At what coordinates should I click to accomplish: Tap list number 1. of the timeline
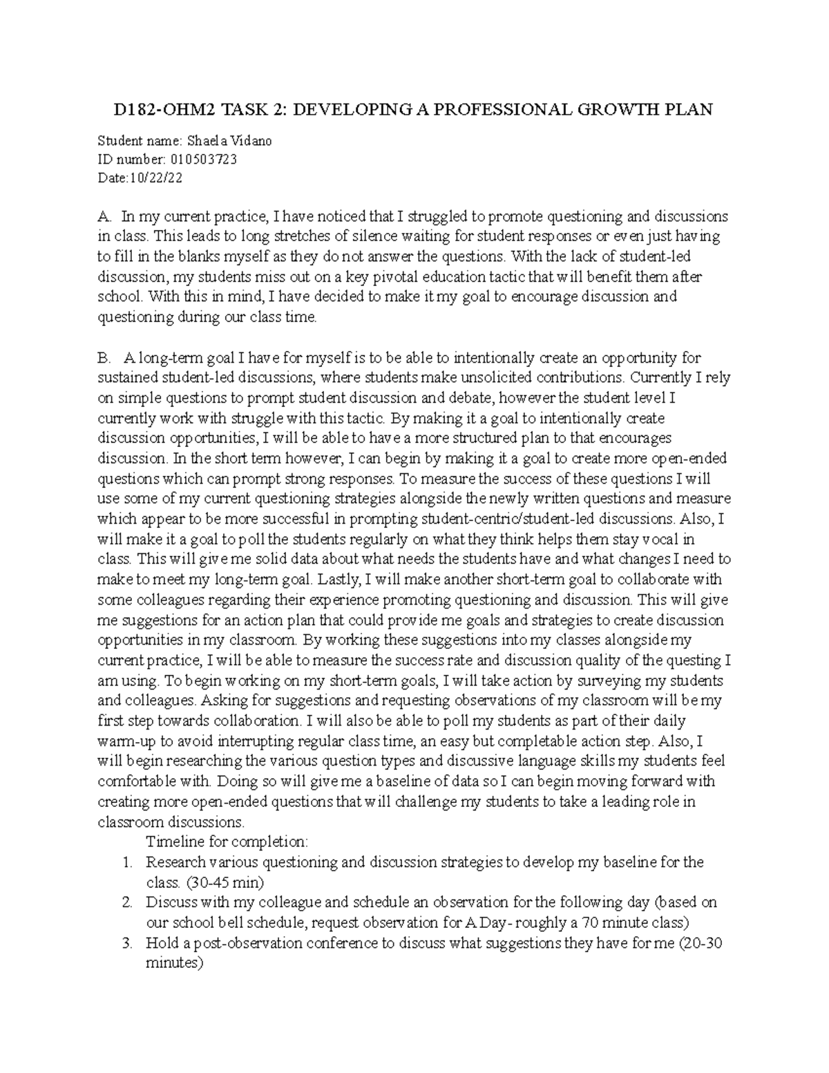[x=126, y=862]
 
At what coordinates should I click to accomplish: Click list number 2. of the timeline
[x=126, y=902]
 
